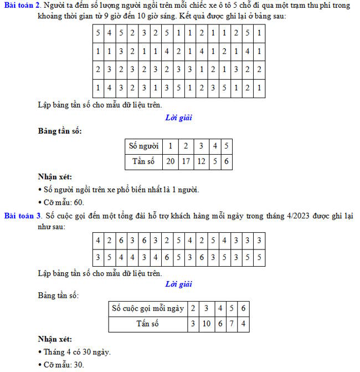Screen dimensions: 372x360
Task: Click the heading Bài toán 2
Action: (20, 5)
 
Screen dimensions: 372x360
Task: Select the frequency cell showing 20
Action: (171, 162)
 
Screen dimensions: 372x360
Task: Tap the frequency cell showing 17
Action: (186, 162)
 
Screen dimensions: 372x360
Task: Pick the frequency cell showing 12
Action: (202, 162)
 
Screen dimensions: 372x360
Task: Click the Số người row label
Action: (143, 146)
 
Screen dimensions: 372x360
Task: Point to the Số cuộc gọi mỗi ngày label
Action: (147, 308)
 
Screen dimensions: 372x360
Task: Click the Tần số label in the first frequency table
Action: (143, 162)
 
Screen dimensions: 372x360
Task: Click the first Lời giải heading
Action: (178, 118)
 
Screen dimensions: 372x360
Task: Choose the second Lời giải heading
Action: (178, 284)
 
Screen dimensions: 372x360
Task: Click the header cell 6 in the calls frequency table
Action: (244, 308)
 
